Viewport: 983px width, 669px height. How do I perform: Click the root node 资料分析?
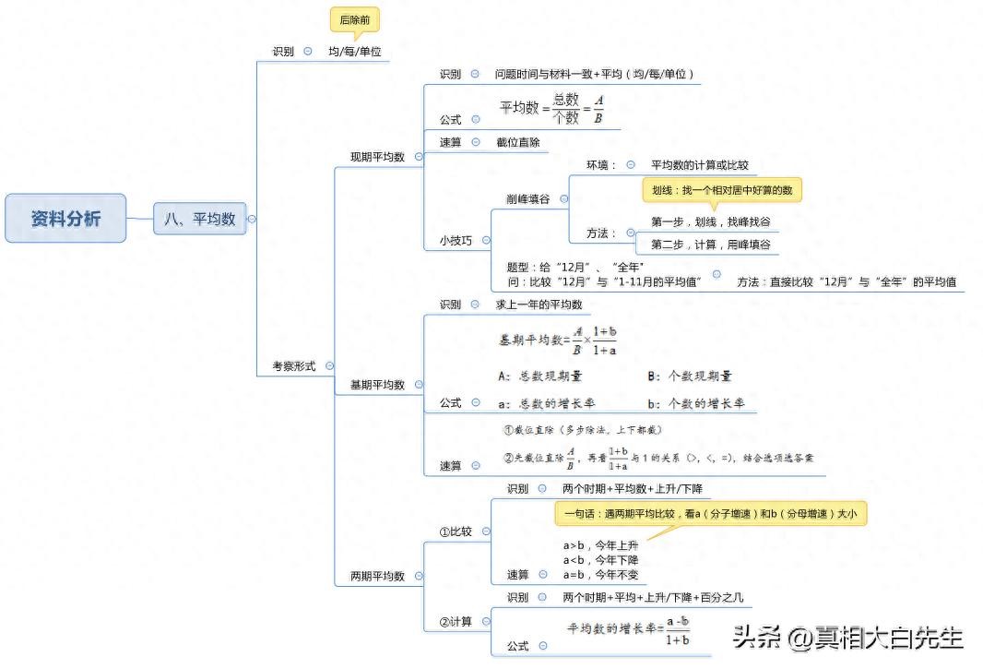pos(65,219)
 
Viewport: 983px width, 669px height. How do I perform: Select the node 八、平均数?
pos(199,219)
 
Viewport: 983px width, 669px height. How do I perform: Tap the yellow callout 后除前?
pos(354,19)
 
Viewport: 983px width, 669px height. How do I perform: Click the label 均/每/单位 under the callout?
pos(355,52)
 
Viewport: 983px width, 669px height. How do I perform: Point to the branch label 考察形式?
pos(293,366)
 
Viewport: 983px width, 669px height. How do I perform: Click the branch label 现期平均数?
pos(377,157)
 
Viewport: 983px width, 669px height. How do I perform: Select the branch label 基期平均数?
pos(377,385)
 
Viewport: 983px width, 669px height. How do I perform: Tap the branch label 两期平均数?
pos(377,577)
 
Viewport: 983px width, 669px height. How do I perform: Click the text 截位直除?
pos(517,142)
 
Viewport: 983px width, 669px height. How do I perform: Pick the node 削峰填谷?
pos(528,198)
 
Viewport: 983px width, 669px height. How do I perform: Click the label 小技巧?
pos(456,240)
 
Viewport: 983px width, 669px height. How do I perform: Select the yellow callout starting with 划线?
pos(722,190)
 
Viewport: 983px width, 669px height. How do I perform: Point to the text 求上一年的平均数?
pos(539,305)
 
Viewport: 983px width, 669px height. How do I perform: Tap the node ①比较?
pos(455,532)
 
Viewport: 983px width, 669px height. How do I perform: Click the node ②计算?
pos(455,622)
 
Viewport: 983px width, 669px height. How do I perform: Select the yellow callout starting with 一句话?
pos(710,514)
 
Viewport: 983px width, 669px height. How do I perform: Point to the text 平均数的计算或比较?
pos(699,165)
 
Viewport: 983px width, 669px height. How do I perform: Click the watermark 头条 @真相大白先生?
pos(848,637)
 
